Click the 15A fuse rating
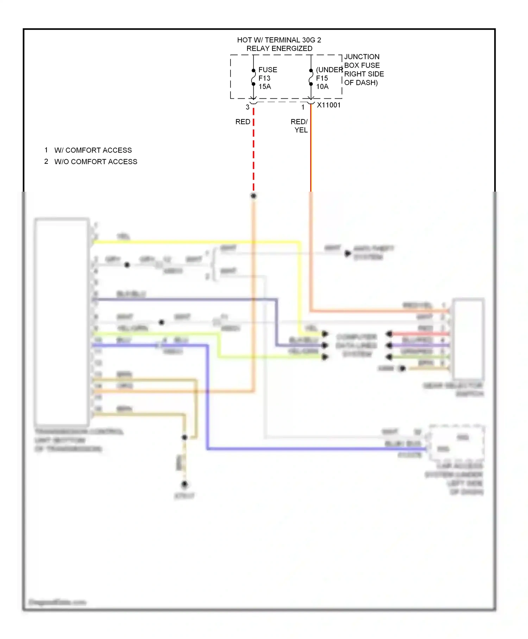point(265,87)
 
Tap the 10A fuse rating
point(322,87)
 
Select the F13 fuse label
point(264,78)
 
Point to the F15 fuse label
point(322,78)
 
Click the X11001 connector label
point(329,105)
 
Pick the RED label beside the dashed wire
point(243,122)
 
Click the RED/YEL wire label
point(300,126)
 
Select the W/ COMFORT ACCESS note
point(93,150)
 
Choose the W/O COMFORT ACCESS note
point(96,162)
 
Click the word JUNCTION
point(362,57)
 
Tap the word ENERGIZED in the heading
point(295,49)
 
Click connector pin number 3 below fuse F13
point(247,107)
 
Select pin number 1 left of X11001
point(303,107)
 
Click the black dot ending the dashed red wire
point(253,196)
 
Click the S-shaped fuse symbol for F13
point(253,77)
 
